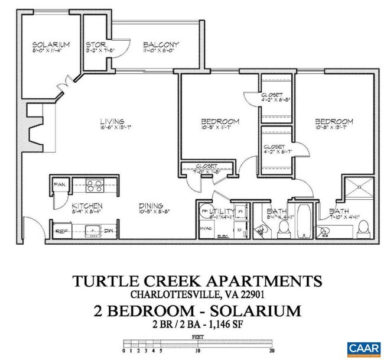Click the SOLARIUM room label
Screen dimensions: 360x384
coord(51,44)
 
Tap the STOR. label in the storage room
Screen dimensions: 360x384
coord(95,44)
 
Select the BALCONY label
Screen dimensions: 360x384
coord(161,44)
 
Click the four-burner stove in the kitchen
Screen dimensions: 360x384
coord(95,187)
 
